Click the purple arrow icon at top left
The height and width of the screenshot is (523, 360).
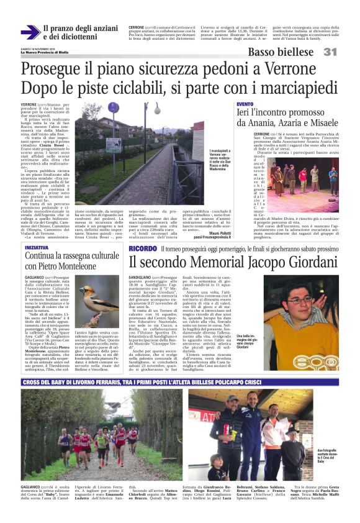pyautogui.click(x=29, y=32)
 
